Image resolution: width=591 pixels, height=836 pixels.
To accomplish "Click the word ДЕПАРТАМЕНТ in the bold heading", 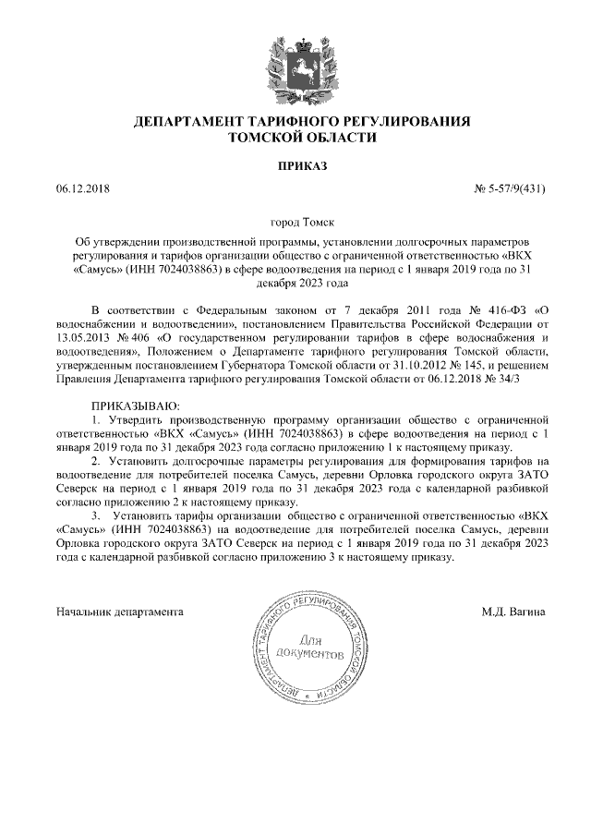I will [x=191, y=121].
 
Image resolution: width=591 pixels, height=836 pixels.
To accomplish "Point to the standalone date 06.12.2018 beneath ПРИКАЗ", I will [x=83, y=190].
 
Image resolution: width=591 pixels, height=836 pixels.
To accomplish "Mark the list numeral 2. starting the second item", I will [x=95, y=459].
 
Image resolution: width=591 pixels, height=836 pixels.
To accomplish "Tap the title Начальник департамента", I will [x=120, y=612].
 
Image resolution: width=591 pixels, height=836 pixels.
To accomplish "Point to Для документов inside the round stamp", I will [x=317, y=647].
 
